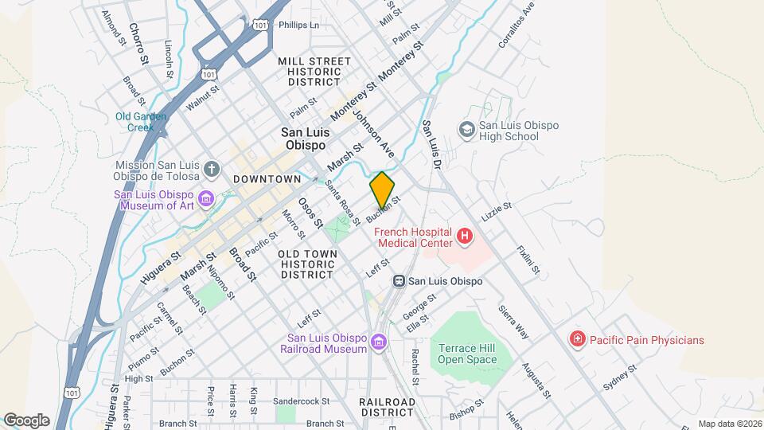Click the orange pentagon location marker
pos(383,190)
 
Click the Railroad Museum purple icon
pos(378,342)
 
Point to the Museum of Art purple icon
pos(207,197)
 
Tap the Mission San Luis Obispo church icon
pos(211,169)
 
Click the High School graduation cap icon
pos(466,129)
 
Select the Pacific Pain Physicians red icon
pos(577,340)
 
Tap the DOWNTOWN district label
pos(267,179)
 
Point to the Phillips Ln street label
pos(298,25)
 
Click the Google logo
pos(26,420)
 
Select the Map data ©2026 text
pos(729,424)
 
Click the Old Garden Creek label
pos(141,121)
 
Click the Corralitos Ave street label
pos(515,26)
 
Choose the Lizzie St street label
pos(496,212)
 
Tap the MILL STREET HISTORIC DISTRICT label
pos(314,71)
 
